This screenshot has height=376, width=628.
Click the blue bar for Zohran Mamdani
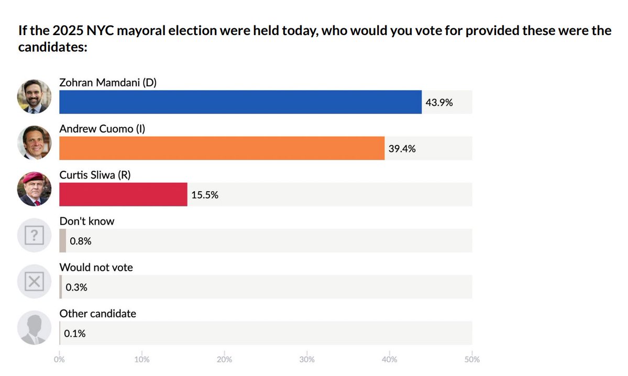240,102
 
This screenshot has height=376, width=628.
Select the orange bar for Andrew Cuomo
222,148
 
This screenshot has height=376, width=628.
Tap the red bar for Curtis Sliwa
123,195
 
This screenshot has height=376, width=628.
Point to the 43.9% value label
439,103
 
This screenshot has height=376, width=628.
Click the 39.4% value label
402,149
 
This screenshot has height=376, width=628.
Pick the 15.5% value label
205,195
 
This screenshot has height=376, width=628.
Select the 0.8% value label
81,241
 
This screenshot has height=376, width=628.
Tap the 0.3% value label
76,287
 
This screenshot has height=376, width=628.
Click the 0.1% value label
75,333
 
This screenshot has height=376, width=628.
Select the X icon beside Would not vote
34,282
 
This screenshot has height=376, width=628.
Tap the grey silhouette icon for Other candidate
34,328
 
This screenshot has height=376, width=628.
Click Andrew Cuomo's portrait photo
34,143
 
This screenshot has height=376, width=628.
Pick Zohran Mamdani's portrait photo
34,96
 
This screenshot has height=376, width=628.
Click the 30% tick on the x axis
307,360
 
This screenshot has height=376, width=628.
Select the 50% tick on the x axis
471,360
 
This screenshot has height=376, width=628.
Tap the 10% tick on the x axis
142,360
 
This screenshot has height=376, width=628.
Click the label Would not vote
96,268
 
